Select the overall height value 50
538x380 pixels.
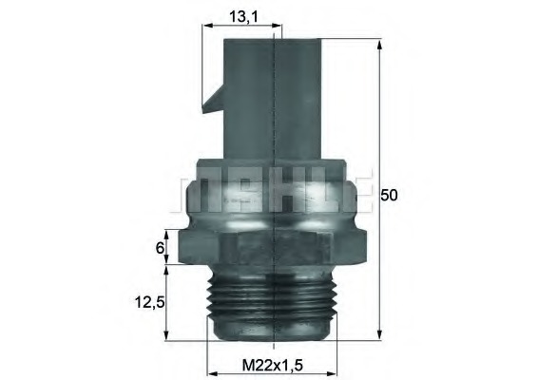(388, 195)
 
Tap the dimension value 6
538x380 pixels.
(161, 249)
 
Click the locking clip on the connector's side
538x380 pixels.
(212, 99)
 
